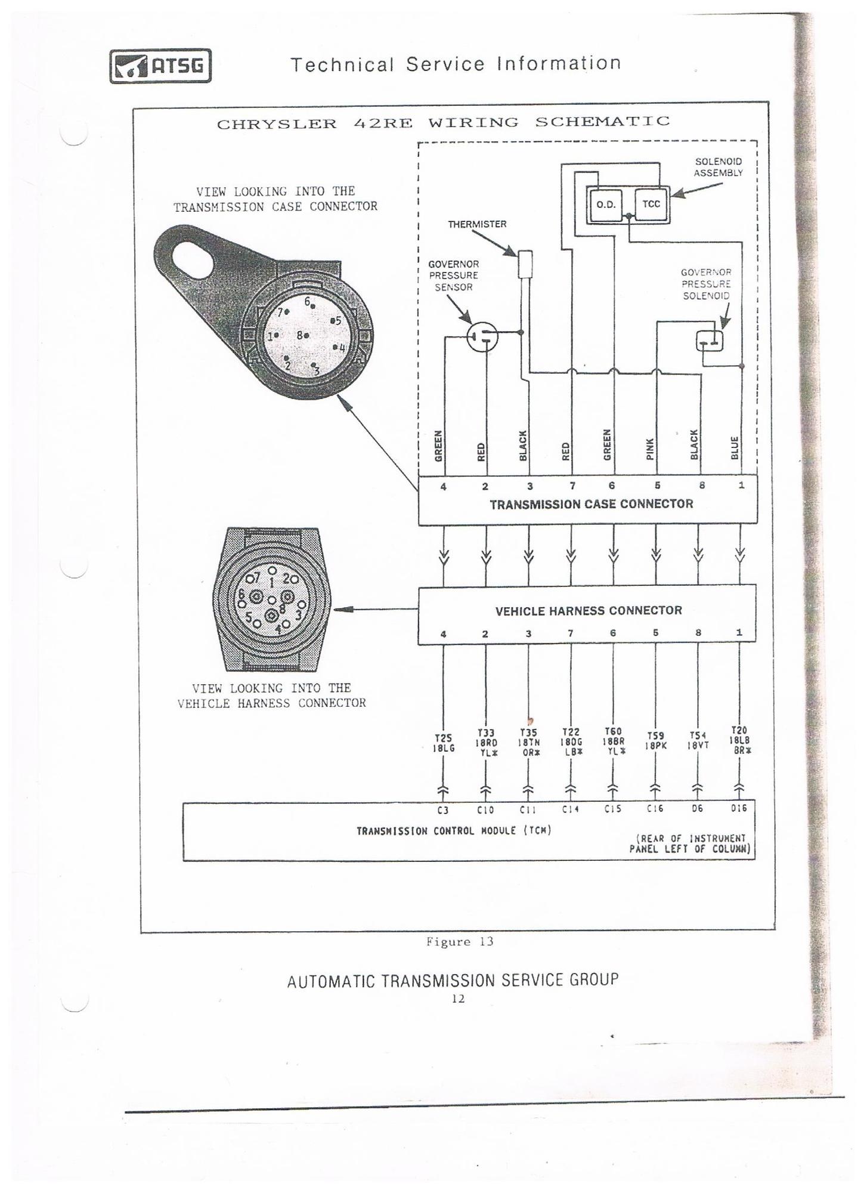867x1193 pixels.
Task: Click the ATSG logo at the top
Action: [x=160, y=66]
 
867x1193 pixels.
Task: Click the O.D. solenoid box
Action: [x=605, y=205]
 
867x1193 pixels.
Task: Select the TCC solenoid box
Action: [x=651, y=204]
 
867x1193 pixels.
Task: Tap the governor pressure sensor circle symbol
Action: [x=482, y=337]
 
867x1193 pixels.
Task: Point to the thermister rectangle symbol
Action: [x=525, y=264]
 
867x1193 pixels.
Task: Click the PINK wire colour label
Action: [x=651, y=449]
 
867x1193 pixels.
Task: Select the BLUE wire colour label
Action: [x=735, y=448]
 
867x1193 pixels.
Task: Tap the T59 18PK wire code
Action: [x=655, y=741]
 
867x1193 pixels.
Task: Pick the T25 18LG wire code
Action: [x=444, y=743]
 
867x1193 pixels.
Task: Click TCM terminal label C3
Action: [x=443, y=810]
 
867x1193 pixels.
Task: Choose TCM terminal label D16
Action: [x=739, y=808]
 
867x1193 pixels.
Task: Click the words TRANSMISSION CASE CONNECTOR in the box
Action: [x=591, y=504]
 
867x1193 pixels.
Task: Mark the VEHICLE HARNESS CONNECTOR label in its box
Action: [x=589, y=611]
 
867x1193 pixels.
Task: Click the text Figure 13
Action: [x=459, y=942]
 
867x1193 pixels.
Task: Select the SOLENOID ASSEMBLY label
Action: [x=718, y=167]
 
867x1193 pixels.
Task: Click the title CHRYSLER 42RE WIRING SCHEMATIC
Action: [x=443, y=123]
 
